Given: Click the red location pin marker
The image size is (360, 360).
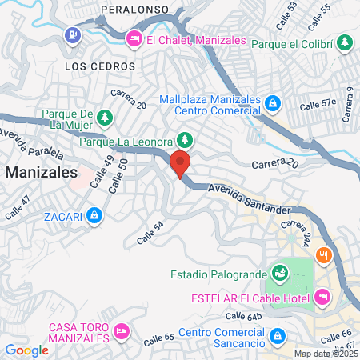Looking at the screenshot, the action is (x=180, y=162).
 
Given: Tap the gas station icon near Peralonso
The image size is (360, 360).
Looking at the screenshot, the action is (x=74, y=35).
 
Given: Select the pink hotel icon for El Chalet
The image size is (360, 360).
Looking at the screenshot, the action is (x=134, y=38).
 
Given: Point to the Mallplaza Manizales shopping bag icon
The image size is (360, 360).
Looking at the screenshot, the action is (x=272, y=102).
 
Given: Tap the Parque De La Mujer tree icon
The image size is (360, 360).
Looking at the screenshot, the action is (x=104, y=118).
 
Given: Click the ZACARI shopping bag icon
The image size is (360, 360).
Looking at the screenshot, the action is (x=94, y=215).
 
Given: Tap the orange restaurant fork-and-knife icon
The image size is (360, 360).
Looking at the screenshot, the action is (x=324, y=256).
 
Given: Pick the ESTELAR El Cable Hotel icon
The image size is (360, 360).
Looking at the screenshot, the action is (x=322, y=298).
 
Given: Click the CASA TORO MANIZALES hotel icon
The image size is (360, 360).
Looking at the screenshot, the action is (x=122, y=330).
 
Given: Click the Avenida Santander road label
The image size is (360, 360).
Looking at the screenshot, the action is (x=249, y=198).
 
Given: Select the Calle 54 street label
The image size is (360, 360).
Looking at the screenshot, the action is (x=150, y=234).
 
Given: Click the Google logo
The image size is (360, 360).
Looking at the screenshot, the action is (x=26, y=350).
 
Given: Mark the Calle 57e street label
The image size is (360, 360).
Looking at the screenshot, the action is (x=318, y=104).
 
